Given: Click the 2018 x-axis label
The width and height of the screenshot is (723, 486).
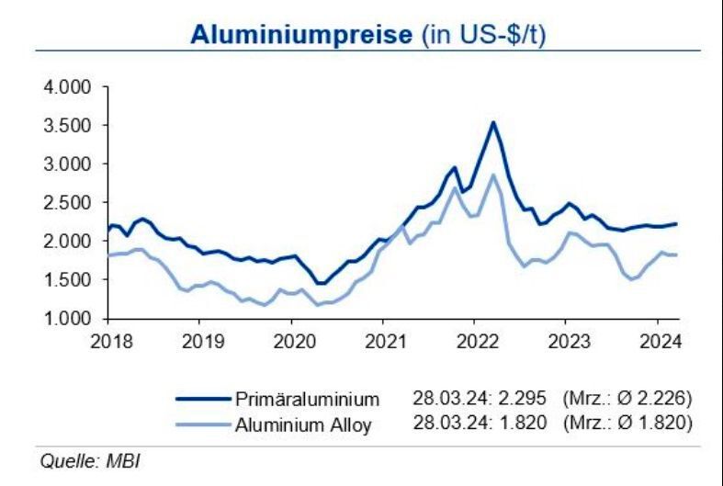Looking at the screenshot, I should pyautogui.click(x=108, y=342).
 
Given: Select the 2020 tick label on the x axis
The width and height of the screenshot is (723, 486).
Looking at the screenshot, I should pyautogui.click(x=291, y=342).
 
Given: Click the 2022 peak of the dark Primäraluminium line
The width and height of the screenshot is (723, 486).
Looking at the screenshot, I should pyautogui.click(x=493, y=122).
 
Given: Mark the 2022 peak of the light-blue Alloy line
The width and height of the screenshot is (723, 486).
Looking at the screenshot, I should pyautogui.click(x=493, y=175).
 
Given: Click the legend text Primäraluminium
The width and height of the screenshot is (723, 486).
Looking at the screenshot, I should pyautogui.click(x=308, y=400).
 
